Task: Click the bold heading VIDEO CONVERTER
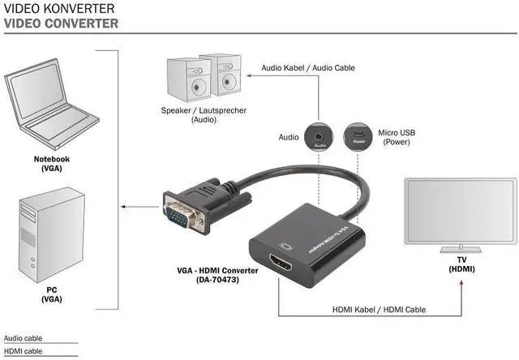(61, 24)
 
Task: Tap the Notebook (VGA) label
(52, 164)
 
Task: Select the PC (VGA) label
(52, 294)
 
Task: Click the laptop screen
(37, 90)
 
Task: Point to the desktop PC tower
(52, 234)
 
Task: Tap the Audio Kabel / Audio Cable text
(308, 68)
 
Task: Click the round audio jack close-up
(319, 137)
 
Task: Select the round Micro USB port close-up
(358, 137)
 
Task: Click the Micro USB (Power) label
(397, 137)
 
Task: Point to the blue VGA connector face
(177, 216)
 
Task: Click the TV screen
(461, 211)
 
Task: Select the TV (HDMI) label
(461, 264)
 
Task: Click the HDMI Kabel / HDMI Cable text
(379, 310)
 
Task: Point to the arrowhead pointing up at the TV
(461, 282)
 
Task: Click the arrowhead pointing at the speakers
(249, 75)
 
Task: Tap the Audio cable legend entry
(24, 338)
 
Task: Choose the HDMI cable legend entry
(24, 351)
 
